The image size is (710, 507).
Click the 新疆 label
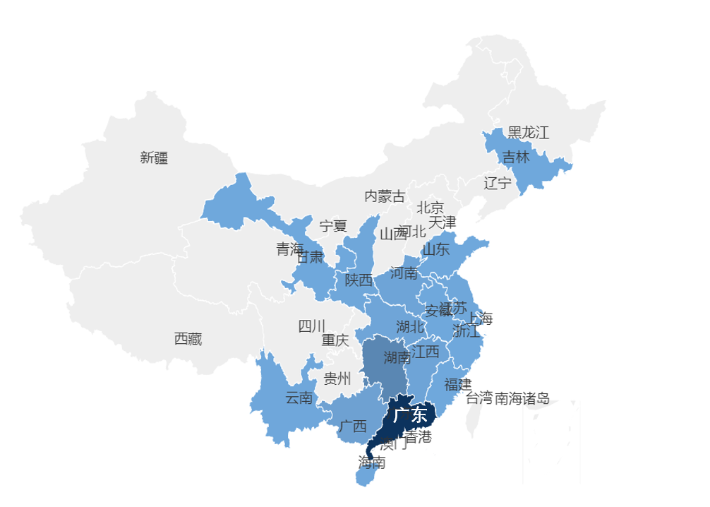click(154, 158)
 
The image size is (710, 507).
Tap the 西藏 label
click(188, 339)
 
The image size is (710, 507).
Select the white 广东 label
click(410, 414)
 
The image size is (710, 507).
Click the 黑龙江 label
click(528, 132)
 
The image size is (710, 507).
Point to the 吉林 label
click(515, 157)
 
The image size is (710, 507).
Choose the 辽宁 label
click(498, 184)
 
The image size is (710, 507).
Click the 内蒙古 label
click(385, 196)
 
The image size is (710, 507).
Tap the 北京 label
click(430, 208)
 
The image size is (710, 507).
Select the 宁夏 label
click(333, 226)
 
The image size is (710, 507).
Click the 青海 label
click(289, 249)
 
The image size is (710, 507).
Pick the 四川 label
click(311, 326)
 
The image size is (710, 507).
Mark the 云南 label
click(299, 398)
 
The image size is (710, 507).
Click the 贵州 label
click(337, 379)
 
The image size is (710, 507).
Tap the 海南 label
click(372, 463)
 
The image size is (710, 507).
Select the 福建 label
click(457, 385)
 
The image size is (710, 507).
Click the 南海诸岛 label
click(522, 398)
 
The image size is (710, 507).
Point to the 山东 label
click(435, 249)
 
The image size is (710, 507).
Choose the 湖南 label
click(397, 357)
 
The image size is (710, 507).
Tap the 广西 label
click(352, 427)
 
